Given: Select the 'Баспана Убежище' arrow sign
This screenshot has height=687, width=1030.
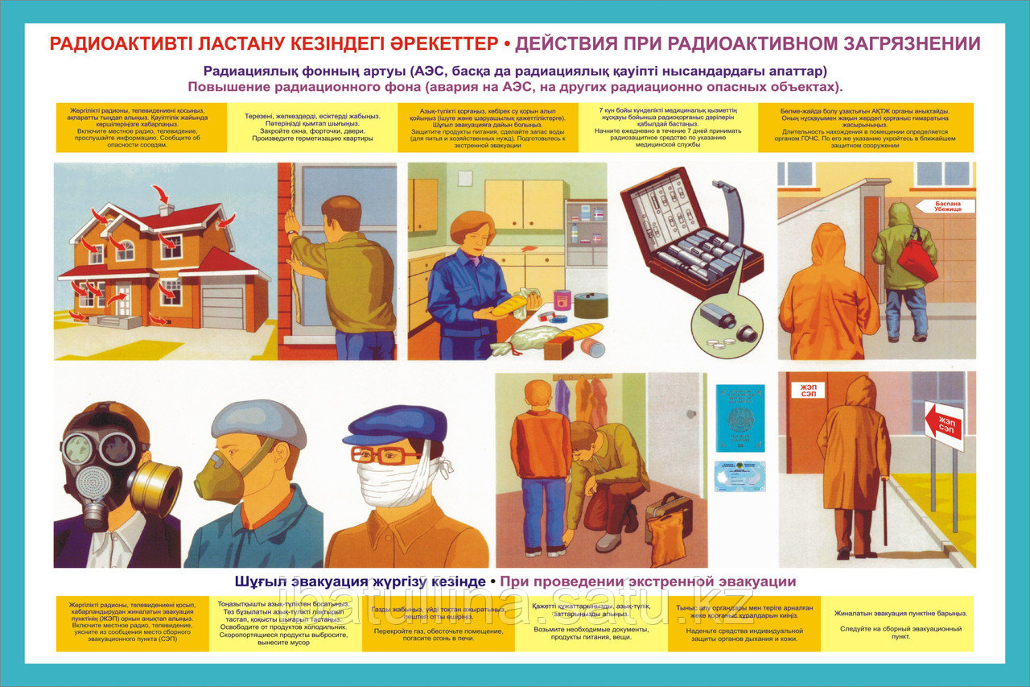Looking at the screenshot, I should (945, 206).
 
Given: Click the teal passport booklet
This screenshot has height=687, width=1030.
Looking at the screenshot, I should (740, 418).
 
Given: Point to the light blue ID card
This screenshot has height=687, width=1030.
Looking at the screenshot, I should (740, 476).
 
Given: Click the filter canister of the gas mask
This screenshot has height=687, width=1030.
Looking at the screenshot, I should (156, 488).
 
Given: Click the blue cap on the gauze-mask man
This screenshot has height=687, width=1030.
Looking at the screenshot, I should (395, 424).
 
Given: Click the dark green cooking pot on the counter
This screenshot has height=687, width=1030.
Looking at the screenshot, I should (591, 305).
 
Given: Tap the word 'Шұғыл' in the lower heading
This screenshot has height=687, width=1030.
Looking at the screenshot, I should (259, 581).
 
